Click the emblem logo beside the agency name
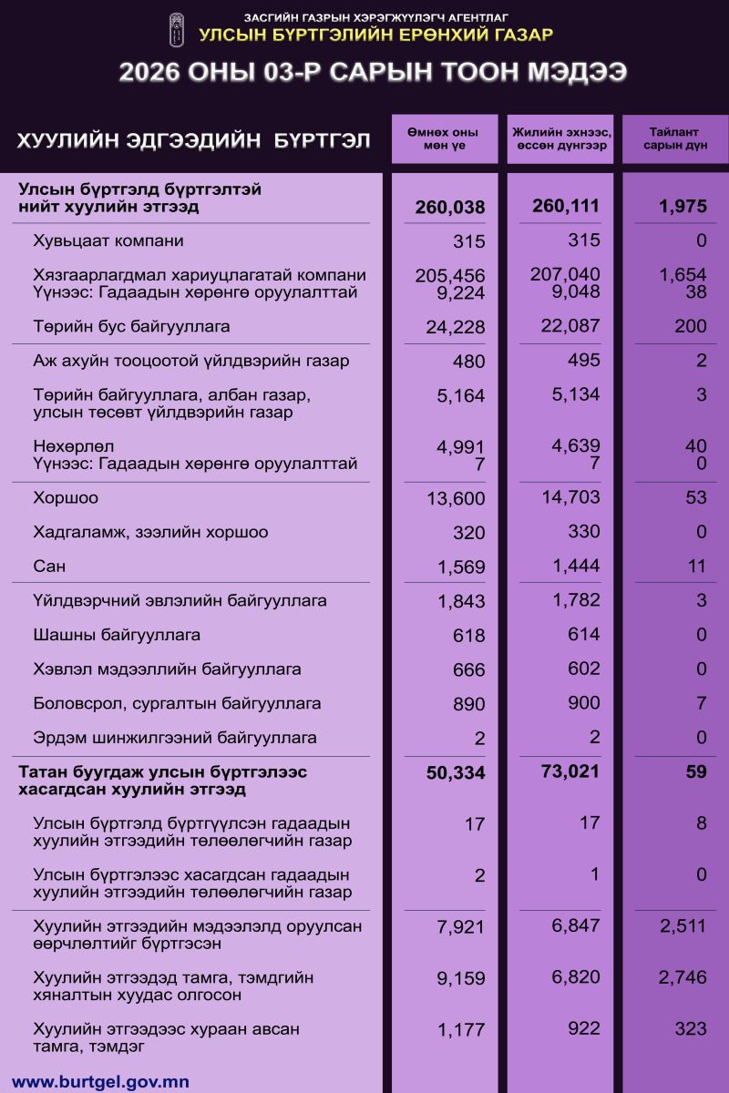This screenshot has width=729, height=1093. [x=175, y=29]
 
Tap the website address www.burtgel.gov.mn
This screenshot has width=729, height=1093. [x=100, y=1082]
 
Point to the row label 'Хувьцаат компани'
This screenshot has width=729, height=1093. [x=108, y=241]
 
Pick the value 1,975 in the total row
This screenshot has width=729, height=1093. [x=683, y=207]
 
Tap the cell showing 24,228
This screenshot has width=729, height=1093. [x=456, y=327]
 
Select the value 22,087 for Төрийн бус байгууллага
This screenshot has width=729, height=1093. [x=570, y=325]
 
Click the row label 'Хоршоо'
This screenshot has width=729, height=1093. [x=66, y=498]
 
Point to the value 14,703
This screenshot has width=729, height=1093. [x=570, y=497]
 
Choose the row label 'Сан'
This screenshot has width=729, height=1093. [x=49, y=567]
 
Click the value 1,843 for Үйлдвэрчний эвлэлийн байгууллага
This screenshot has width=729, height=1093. [x=462, y=602]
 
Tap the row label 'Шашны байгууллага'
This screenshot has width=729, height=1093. [x=117, y=635]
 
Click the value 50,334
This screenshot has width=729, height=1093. [x=456, y=773]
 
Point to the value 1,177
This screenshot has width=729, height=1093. [x=462, y=1030]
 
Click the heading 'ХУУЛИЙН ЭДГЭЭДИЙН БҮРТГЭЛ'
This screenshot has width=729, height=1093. [x=193, y=140]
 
